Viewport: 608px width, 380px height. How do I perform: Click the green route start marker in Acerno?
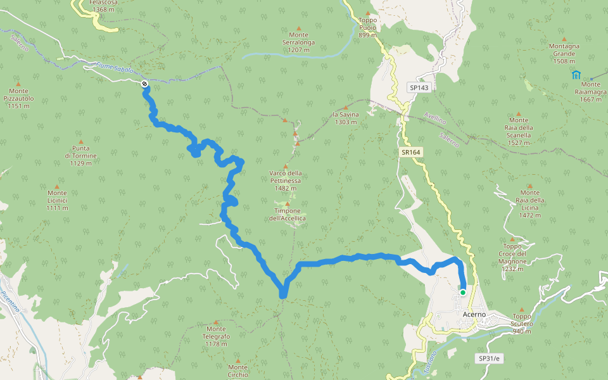click(x=463, y=292)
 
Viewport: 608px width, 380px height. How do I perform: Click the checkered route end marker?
click(x=144, y=84)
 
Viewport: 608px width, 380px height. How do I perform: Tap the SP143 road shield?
click(x=419, y=87)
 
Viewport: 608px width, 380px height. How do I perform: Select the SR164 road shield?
click(x=410, y=152)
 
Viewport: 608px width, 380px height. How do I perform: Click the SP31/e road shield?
click(x=488, y=358)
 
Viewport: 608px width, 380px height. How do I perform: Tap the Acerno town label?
click(x=474, y=314)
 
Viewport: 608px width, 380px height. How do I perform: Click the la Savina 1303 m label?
click(x=346, y=118)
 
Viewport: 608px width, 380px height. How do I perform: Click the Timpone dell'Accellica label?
click(x=287, y=214)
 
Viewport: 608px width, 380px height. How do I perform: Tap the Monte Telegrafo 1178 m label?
click(x=216, y=336)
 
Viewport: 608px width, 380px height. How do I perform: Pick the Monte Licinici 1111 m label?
click(x=57, y=200)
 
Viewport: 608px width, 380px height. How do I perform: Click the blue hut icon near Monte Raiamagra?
click(x=576, y=75)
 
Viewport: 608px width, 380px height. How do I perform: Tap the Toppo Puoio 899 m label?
click(x=367, y=28)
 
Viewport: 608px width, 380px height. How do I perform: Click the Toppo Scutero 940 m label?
click(x=522, y=324)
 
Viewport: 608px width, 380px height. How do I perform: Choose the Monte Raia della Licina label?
click(x=529, y=204)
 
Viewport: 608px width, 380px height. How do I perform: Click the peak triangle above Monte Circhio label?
click(x=238, y=360)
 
